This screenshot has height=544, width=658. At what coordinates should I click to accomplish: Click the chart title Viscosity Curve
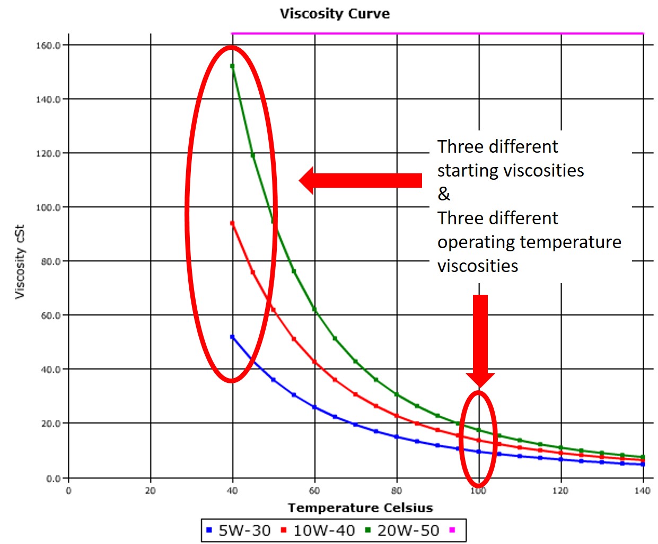[x=335, y=14]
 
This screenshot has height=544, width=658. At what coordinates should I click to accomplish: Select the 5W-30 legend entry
[x=239, y=530]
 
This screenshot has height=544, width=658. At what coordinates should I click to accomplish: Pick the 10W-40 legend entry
[x=318, y=530]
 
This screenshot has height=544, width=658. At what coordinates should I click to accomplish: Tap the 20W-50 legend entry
[x=403, y=530]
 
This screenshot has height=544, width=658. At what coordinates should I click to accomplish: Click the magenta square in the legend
[x=452, y=530]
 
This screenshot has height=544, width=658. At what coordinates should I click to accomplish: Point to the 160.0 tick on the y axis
[x=48, y=46]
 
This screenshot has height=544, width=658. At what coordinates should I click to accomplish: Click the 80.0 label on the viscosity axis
[x=51, y=261]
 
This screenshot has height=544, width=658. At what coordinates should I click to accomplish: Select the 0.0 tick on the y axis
[x=53, y=479]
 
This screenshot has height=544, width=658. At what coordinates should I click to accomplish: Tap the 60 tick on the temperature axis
[x=314, y=491]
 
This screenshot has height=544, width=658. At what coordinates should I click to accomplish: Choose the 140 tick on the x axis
[x=643, y=491]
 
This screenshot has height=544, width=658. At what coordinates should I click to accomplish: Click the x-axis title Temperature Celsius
[x=361, y=508]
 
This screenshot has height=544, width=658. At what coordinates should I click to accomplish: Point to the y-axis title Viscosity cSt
[x=20, y=261]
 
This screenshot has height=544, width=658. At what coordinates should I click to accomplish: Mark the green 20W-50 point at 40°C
[x=233, y=66]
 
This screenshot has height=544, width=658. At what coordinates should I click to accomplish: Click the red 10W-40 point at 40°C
[x=233, y=223]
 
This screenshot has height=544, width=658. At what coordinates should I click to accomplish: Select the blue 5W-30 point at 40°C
[x=233, y=337]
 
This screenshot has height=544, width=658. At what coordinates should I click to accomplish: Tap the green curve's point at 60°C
[x=314, y=309]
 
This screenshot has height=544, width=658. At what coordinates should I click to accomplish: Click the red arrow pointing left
[x=360, y=181]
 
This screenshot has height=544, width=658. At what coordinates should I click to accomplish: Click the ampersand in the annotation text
[x=444, y=194]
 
